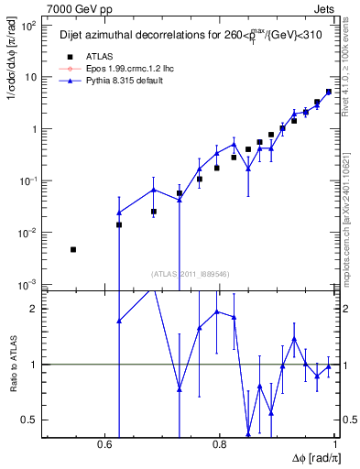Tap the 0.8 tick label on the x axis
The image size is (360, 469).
[x=220, y=445]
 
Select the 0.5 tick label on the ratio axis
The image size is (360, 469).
[x=29, y=420]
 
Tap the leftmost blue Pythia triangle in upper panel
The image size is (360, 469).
[x=119, y=213]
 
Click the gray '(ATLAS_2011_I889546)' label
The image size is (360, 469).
[x=190, y=272]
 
